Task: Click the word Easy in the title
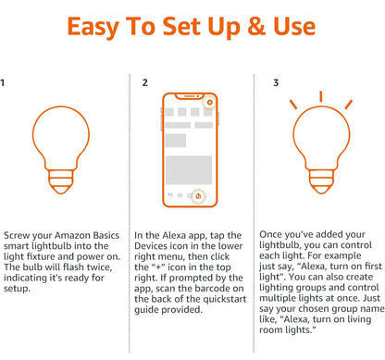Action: [x=93, y=27]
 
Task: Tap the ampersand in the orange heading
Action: [x=256, y=26]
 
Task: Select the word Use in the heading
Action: [x=294, y=26]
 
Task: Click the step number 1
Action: [x=3, y=82]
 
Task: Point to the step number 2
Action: [x=145, y=82]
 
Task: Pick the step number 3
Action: [x=276, y=82]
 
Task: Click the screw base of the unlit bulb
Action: [x=61, y=181]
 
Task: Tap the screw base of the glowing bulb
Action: [x=321, y=181]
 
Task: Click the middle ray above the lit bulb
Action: [x=321, y=96]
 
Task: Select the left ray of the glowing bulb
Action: [x=293, y=105]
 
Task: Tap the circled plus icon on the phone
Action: [x=210, y=103]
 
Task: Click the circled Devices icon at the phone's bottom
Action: [x=198, y=195]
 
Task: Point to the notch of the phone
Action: [x=190, y=96]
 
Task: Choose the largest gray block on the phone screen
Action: [x=189, y=169]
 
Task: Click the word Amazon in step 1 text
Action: [x=73, y=236]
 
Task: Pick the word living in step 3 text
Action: [x=359, y=319]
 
